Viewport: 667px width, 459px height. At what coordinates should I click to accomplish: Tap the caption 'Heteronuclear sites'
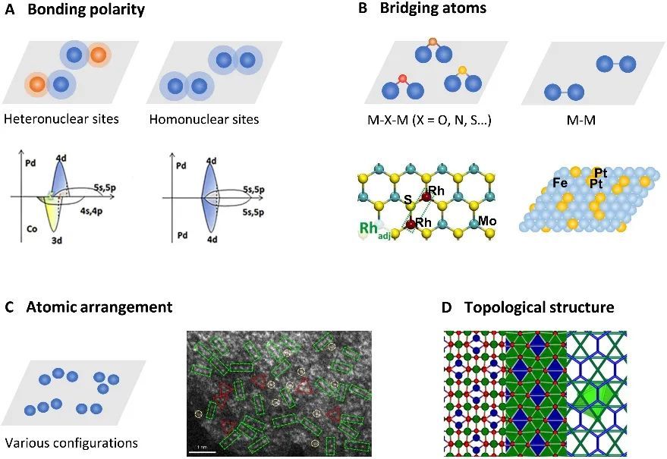(x=61, y=119)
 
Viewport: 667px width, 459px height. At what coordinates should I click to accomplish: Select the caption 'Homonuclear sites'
(x=203, y=119)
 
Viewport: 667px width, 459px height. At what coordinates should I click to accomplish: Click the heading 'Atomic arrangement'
(x=99, y=307)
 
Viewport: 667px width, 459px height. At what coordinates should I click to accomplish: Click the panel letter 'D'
(x=448, y=307)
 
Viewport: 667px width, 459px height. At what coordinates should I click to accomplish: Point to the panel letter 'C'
(x=9, y=307)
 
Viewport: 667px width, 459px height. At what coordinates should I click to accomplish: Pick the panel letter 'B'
(x=363, y=9)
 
